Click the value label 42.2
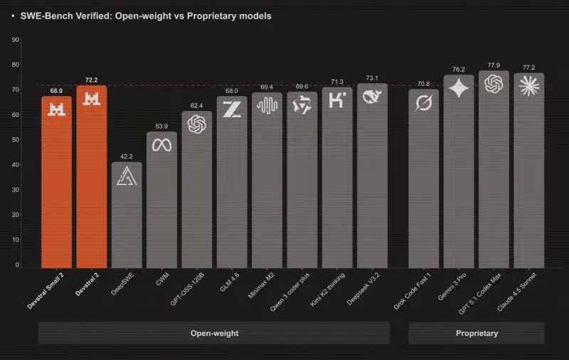(127, 157)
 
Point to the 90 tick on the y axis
(16, 40)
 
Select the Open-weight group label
(214, 333)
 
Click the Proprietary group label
(477, 333)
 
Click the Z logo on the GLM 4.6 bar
(232, 109)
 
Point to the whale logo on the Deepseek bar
(372, 95)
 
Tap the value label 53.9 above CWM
(161, 126)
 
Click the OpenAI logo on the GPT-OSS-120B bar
(196, 125)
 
